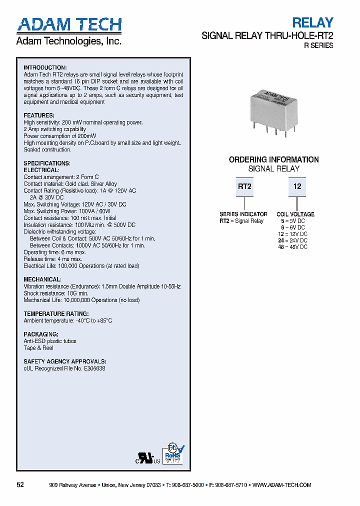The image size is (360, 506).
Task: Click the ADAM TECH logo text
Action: tap(69, 24)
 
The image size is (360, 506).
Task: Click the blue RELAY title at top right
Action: tap(312, 22)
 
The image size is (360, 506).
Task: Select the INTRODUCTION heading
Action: tap(45, 67)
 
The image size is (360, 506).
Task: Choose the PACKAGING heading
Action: tap(41, 334)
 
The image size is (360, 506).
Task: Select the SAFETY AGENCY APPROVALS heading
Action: tap(65, 361)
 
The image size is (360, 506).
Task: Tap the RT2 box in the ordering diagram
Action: tap(244, 187)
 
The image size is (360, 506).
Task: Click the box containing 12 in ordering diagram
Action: tap(297, 187)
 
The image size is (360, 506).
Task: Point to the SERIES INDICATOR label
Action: tap(243, 214)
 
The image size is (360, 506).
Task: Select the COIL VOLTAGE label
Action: tap(295, 214)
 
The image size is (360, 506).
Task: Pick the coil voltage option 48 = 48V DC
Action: tap(292, 246)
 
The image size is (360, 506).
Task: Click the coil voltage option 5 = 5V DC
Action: tap(292, 220)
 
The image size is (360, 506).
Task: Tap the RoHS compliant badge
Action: tap(172, 454)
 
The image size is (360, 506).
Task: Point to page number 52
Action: tap(20, 485)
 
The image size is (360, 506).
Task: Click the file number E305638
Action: tap(91, 368)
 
